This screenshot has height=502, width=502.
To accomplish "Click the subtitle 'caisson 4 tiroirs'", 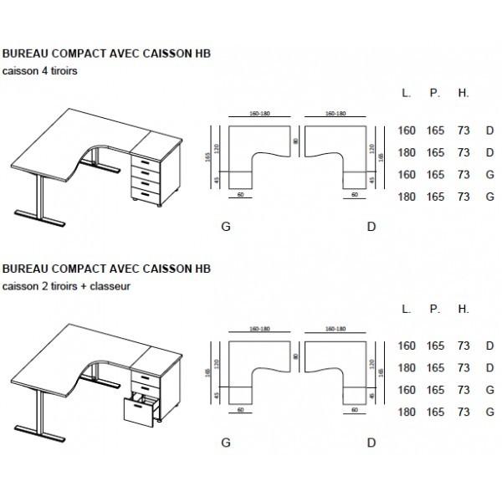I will pos(40,72).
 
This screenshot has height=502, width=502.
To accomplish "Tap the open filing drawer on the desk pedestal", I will pos(140,412).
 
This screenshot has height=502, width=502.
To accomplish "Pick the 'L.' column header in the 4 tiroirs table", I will pos(407,94).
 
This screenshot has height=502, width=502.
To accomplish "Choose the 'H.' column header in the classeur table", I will pos(464,309).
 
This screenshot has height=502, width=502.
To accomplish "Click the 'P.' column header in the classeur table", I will pos(435,309).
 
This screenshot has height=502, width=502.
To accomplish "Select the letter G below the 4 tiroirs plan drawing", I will pos(225,226).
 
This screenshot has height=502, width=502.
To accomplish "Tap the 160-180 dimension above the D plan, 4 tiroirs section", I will pos(336,112).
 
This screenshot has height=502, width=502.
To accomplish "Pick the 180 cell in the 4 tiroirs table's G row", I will pos(407,197).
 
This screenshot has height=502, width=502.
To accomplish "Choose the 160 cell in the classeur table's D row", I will pos(407,346).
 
